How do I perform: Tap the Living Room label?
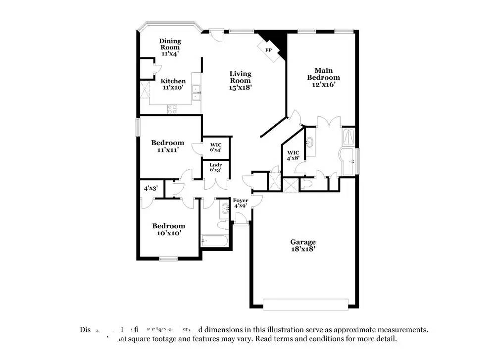tap(240, 80)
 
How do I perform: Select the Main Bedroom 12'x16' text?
tap(323, 77)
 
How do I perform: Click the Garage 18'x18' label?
tap(303, 246)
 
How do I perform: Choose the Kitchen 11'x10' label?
tap(173, 84)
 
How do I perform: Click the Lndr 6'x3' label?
tap(215, 167)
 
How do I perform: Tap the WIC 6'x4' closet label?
tap(215, 147)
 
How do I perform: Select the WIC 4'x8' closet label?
tap(293, 155)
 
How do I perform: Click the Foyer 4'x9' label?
tap(241, 203)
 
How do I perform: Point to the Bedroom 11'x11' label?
tap(167, 146)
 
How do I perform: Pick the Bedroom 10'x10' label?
tap(168, 229)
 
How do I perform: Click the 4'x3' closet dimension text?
tap(150, 189)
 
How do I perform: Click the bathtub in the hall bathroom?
tap(214, 241)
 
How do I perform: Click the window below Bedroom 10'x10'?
tap(168, 258)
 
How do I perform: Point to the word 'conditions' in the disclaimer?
tap(340, 339)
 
